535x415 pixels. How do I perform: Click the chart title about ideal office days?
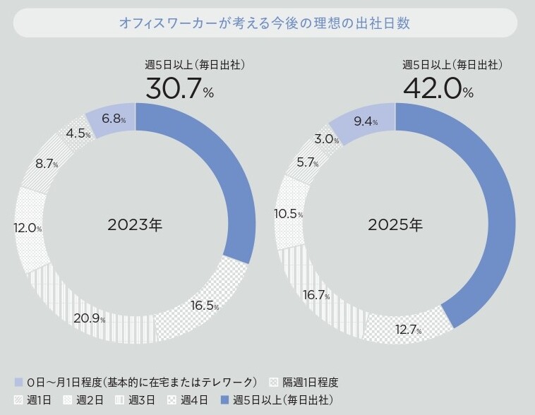click(265, 23)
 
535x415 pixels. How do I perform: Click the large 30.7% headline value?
click(179, 88)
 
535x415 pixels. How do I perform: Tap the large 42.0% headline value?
click(438, 88)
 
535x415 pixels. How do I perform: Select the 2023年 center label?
click(135, 226)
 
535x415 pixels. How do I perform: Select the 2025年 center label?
click(395, 226)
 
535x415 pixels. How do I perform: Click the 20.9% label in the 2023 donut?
click(88, 318)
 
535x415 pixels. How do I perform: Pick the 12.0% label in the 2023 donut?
click(28, 229)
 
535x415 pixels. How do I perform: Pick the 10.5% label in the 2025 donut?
click(289, 214)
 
